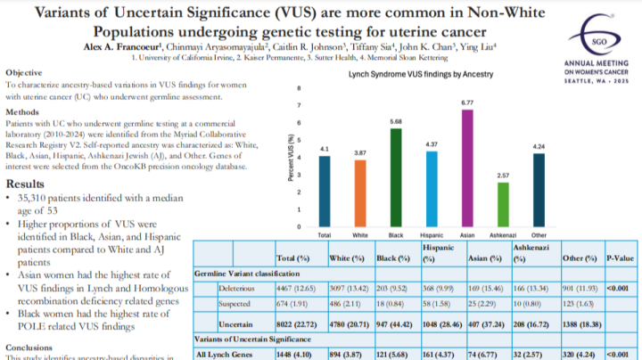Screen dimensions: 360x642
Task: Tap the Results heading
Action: coord(28,183)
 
